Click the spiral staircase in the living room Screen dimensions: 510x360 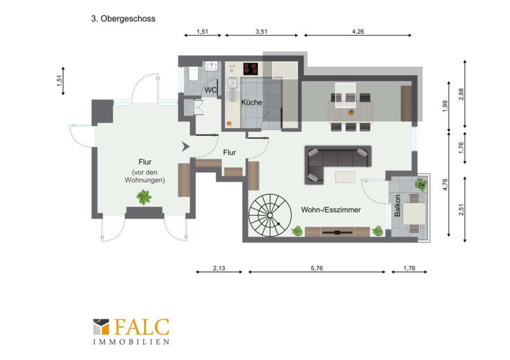[x=270, y=215]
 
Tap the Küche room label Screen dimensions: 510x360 [x=251, y=102]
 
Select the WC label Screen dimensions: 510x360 [x=210, y=90]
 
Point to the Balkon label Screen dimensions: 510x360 [x=397, y=206]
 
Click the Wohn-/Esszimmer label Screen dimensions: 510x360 [x=331, y=210]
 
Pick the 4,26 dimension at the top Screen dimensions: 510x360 [x=358, y=32]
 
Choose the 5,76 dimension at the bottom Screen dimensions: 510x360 [x=317, y=268]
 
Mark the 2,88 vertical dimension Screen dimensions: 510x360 [x=461, y=94]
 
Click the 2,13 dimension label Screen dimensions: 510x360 [x=219, y=268]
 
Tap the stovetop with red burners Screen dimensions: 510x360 [x=251, y=69]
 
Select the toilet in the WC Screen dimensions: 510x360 [x=193, y=73]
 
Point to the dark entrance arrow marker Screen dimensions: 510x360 [x=186, y=147]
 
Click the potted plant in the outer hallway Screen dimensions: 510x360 [x=144, y=197]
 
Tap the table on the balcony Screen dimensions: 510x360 [x=414, y=213]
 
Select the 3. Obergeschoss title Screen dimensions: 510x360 [x=123, y=18]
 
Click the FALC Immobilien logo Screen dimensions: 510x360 [x=131, y=331]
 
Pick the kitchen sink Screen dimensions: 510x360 [x=232, y=83]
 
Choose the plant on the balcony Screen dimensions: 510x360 [x=421, y=184]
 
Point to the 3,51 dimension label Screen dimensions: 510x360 [x=261, y=32]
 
